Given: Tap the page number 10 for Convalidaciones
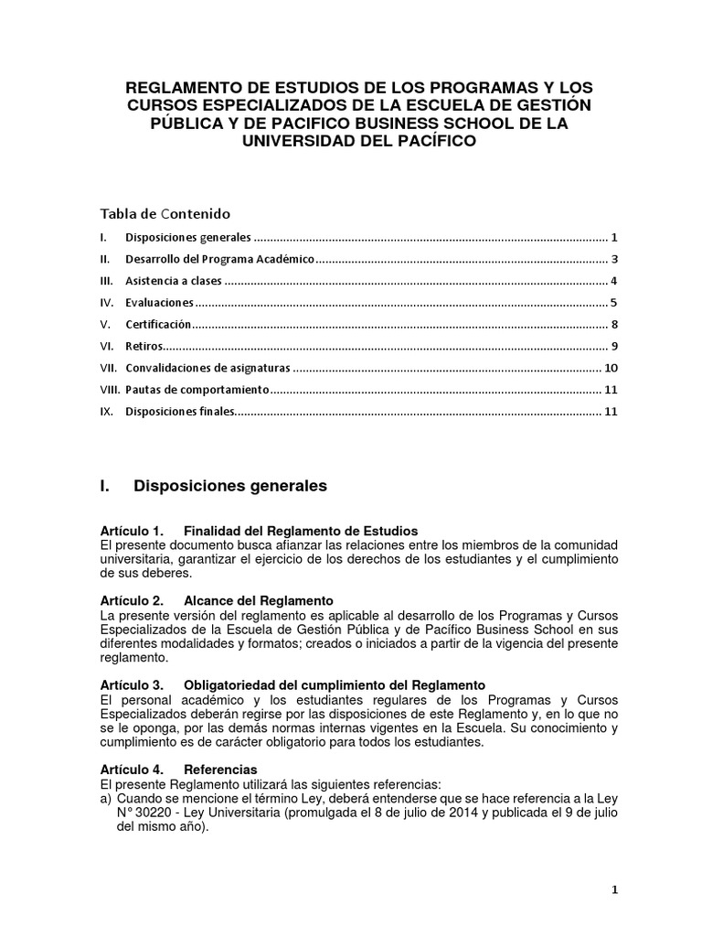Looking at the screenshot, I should [x=612, y=368].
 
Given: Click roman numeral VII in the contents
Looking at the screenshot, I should [x=109, y=368].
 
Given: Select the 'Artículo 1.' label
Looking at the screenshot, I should [x=131, y=531].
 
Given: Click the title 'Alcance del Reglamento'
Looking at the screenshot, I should [x=259, y=600].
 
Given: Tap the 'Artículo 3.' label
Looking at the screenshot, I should [x=131, y=684].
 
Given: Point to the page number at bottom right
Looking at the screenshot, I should [x=615, y=889].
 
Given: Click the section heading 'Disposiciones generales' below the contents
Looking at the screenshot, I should [x=229, y=487].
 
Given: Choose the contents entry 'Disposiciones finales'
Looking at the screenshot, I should [x=180, y=412].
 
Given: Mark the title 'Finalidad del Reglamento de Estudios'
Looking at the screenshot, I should [x=301, y=531].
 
